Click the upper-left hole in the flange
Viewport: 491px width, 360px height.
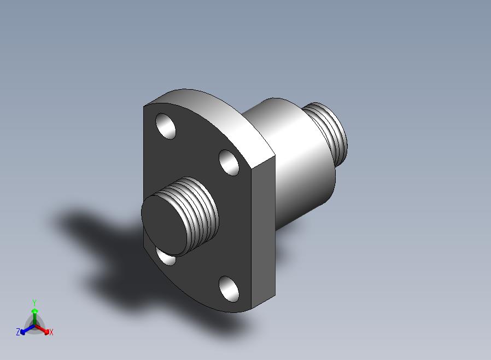coord(166,126)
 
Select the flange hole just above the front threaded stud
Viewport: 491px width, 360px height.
coord(229,162)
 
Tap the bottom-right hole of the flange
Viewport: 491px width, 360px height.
coord(229,289)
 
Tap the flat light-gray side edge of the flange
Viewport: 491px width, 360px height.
coord(264,232)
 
